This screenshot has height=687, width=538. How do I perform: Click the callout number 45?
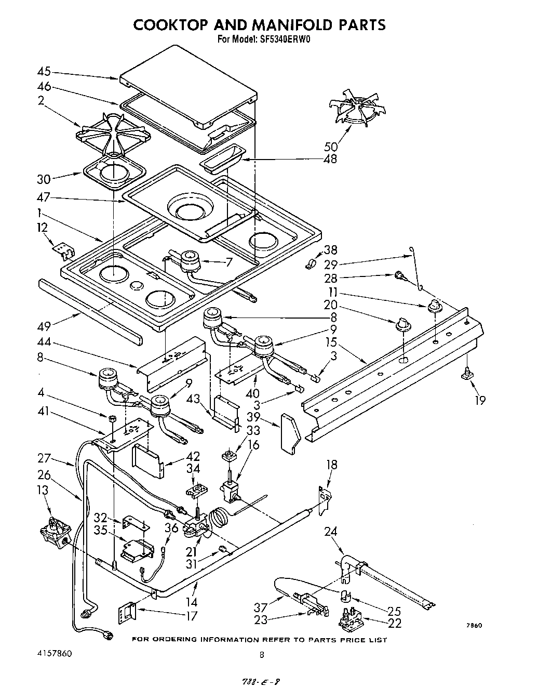(45, 72)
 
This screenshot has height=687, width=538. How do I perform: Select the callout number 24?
(331, 531)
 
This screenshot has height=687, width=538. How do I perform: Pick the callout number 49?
(45, 326)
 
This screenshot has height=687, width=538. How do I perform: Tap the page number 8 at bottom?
(262, 655)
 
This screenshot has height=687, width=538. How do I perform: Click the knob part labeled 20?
(400, 325)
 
